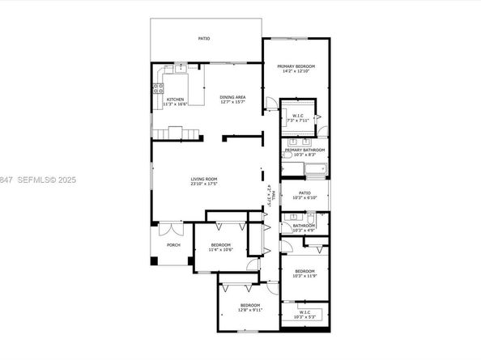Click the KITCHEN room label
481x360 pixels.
(x=176, y=100)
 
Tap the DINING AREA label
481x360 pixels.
(x=233, y=98)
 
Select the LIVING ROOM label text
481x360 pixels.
(x=203, y=179)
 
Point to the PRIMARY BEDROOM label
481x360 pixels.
(x=296, y=66)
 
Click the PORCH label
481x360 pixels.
(x=172, y=244)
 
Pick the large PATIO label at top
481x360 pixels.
(x=205, y=38)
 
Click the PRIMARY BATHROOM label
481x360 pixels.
(x=304, y=150)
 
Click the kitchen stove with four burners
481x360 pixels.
(x=157, y=91)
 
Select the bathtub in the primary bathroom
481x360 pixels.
(x=314, y=169)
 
